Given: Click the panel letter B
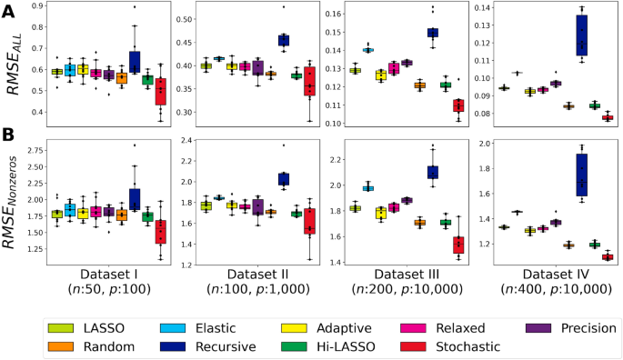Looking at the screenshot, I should [11, 133].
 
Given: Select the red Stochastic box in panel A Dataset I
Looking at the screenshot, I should [161, 92].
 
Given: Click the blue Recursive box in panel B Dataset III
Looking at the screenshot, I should [433, 172].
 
